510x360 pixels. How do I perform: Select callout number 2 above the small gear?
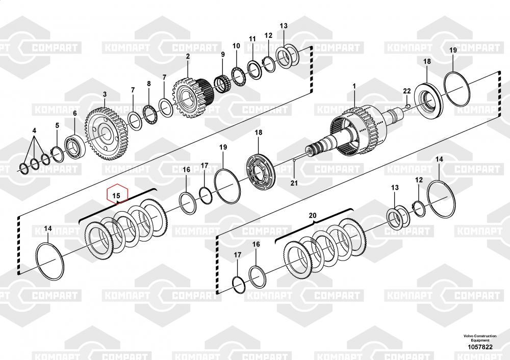tap(188, 56)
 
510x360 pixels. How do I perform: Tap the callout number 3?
tap(105, 94)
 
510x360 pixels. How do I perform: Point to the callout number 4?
tap(34, 131)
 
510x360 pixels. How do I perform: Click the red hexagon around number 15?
tap(116, 195)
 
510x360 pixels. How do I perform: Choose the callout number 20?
tap(313, 216)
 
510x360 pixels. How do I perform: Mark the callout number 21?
tap(293, 182)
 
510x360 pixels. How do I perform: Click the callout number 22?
tap(406, 91)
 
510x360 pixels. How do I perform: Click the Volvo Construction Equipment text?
tap(479, 338)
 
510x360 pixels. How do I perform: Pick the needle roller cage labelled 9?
tap(222, 84)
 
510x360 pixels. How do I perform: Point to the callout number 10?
tap(236, 46)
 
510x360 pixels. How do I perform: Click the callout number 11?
tap(252, 39)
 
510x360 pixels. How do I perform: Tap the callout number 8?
tap(148, 84)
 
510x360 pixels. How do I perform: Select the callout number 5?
tap(57, 125)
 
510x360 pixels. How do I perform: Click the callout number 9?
tap(223, 55)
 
